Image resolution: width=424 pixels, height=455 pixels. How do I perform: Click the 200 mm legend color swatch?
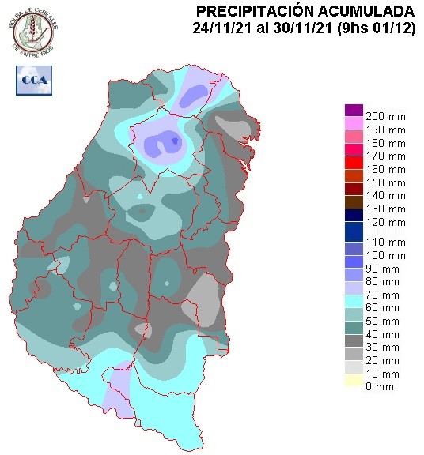(354, 110)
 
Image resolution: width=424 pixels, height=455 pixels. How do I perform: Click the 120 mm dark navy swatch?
(354, 224)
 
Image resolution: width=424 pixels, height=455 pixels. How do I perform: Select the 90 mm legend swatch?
(354, 269)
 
